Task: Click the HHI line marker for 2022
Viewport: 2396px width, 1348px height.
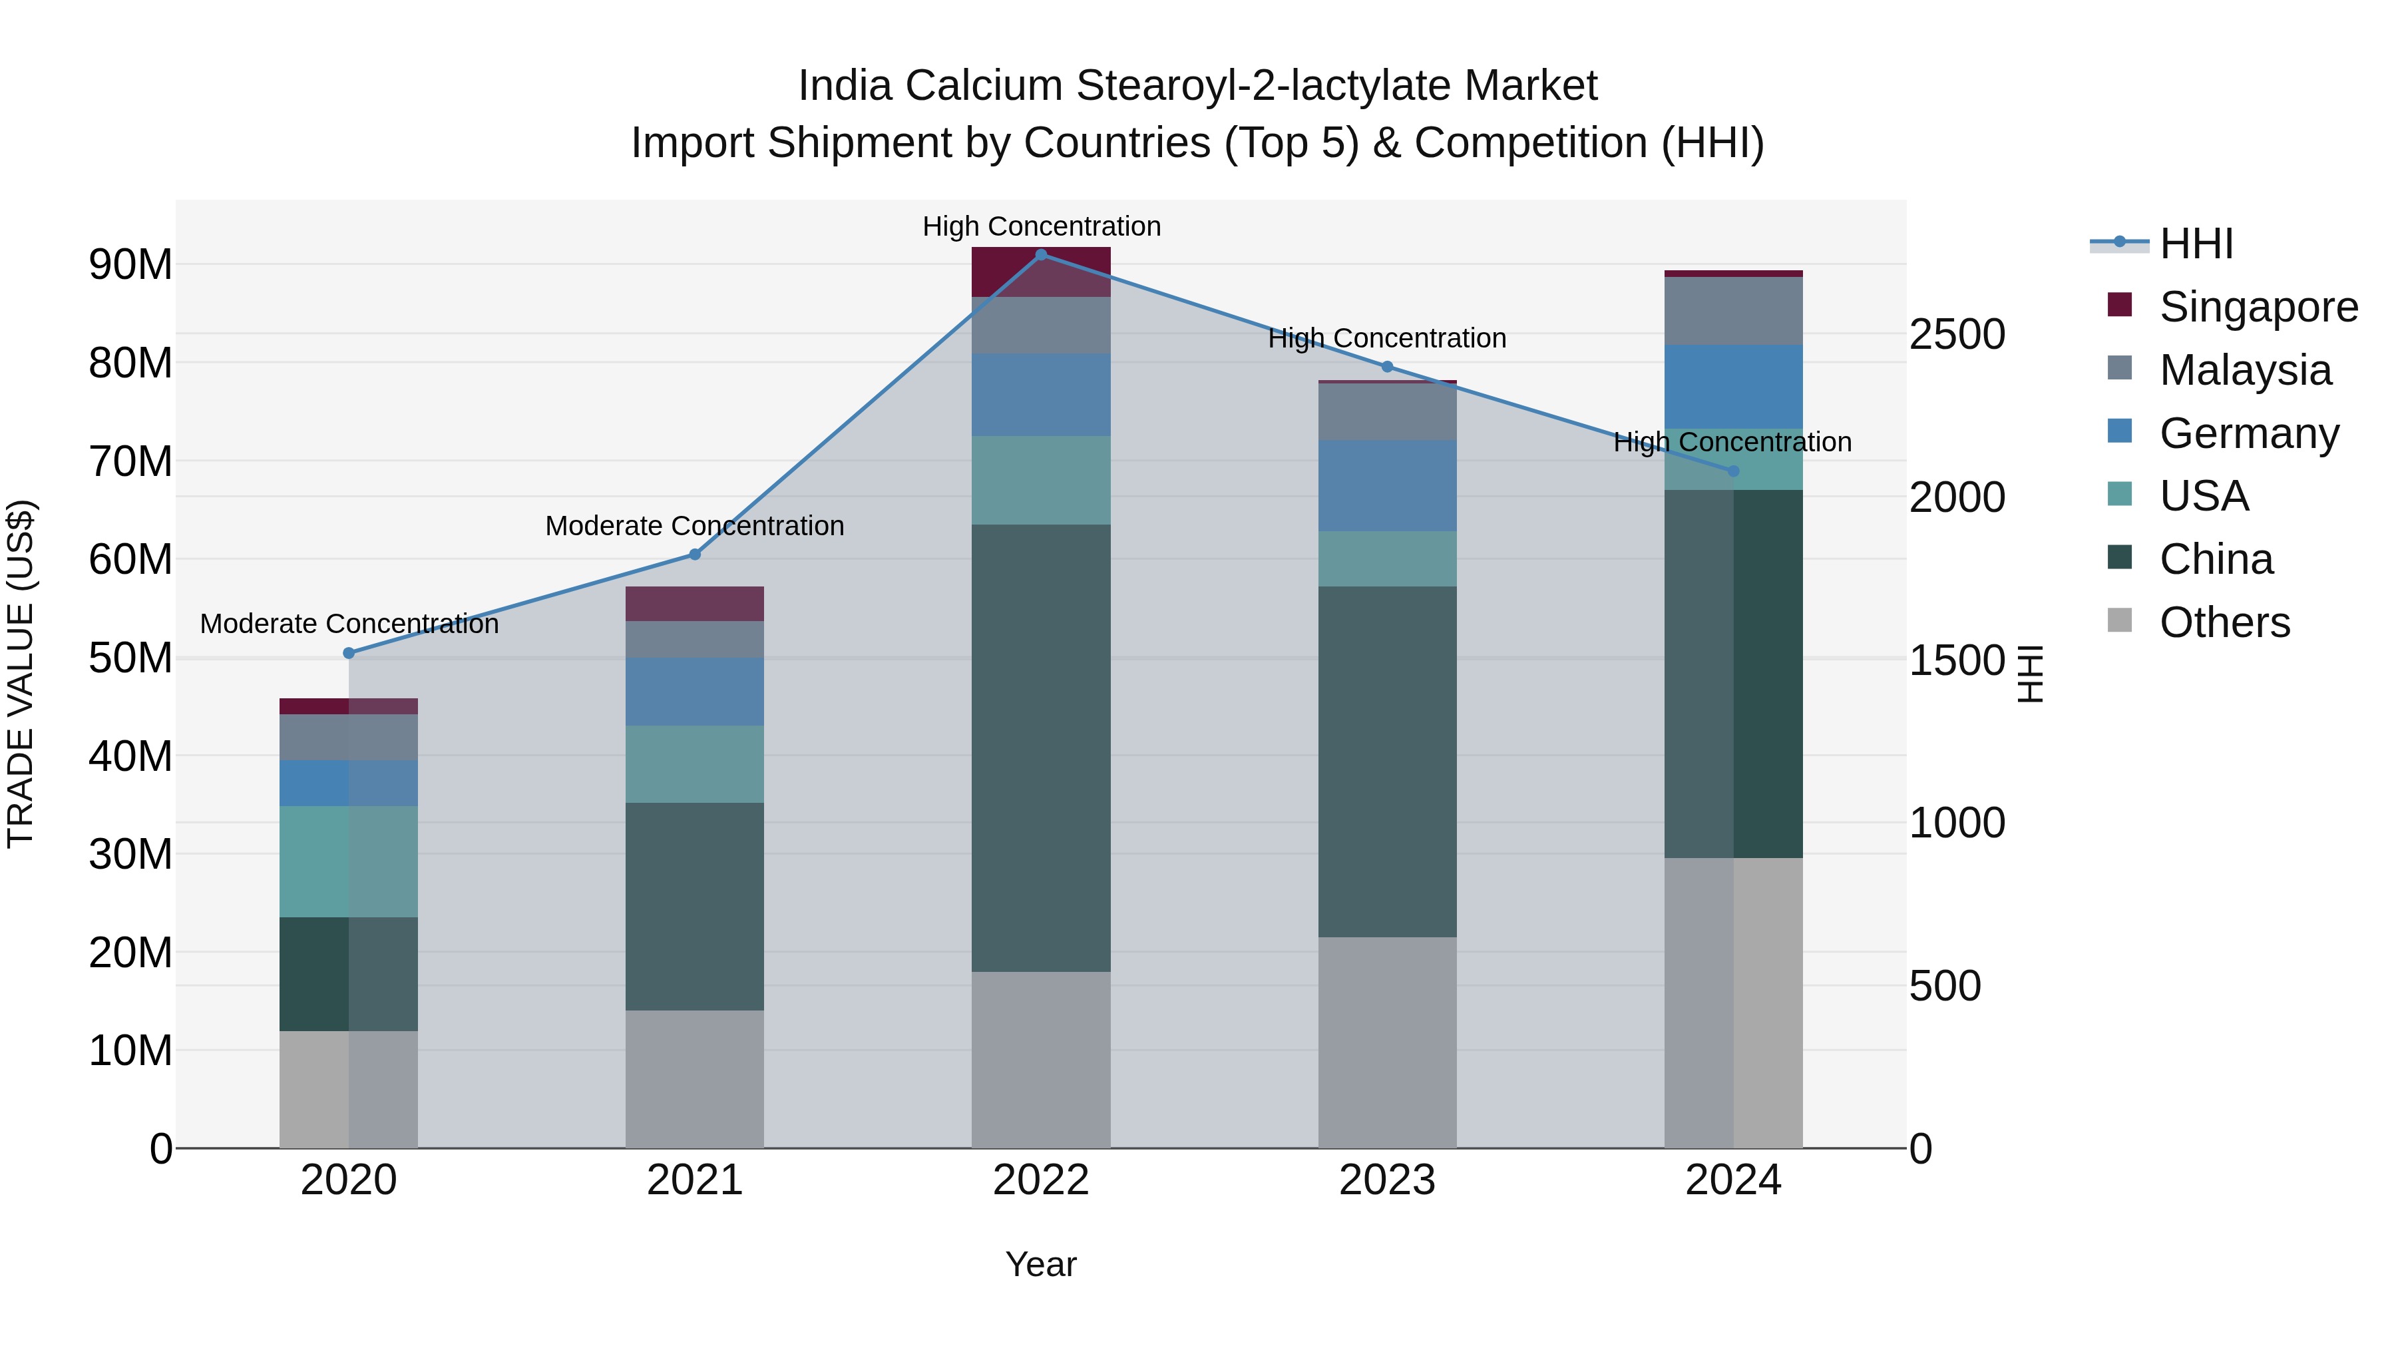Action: click(x=1041, y=254)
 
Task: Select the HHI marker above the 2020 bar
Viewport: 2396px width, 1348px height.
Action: click(x=349, y=653)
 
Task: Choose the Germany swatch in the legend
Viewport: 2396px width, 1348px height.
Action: click(x=2120, y=431)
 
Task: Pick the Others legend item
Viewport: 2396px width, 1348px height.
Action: click(x=2224, y=622)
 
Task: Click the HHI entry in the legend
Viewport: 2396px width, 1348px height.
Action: click(x=2195, y=244)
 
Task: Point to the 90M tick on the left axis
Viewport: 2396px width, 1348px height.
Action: click(x=130, y=265)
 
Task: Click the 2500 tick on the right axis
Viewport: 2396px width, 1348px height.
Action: click(x=1957, y=335)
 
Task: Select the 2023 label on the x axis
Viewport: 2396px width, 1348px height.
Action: click(x=1387, y=1180)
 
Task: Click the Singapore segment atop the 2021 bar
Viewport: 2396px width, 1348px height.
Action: click(x=695, y=604)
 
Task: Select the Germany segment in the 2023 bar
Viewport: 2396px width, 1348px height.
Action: click(x=1387, y=486)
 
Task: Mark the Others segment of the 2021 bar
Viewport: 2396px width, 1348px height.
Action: click(x=695, y=1078)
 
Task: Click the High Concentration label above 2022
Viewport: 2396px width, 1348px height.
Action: click(x=1041, y=226)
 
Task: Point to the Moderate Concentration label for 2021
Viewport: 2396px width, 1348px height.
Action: click(x=695, y=526)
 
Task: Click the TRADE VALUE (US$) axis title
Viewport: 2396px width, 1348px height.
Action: click(x=21, y=674)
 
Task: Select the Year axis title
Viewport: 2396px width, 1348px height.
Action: click(x=1041, y=1264)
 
